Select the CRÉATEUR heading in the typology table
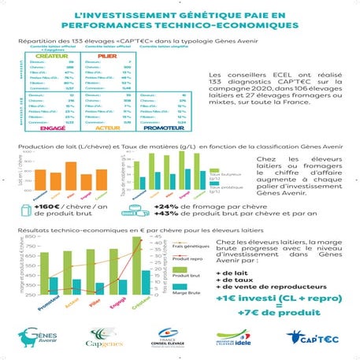click(x=43, y=57)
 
